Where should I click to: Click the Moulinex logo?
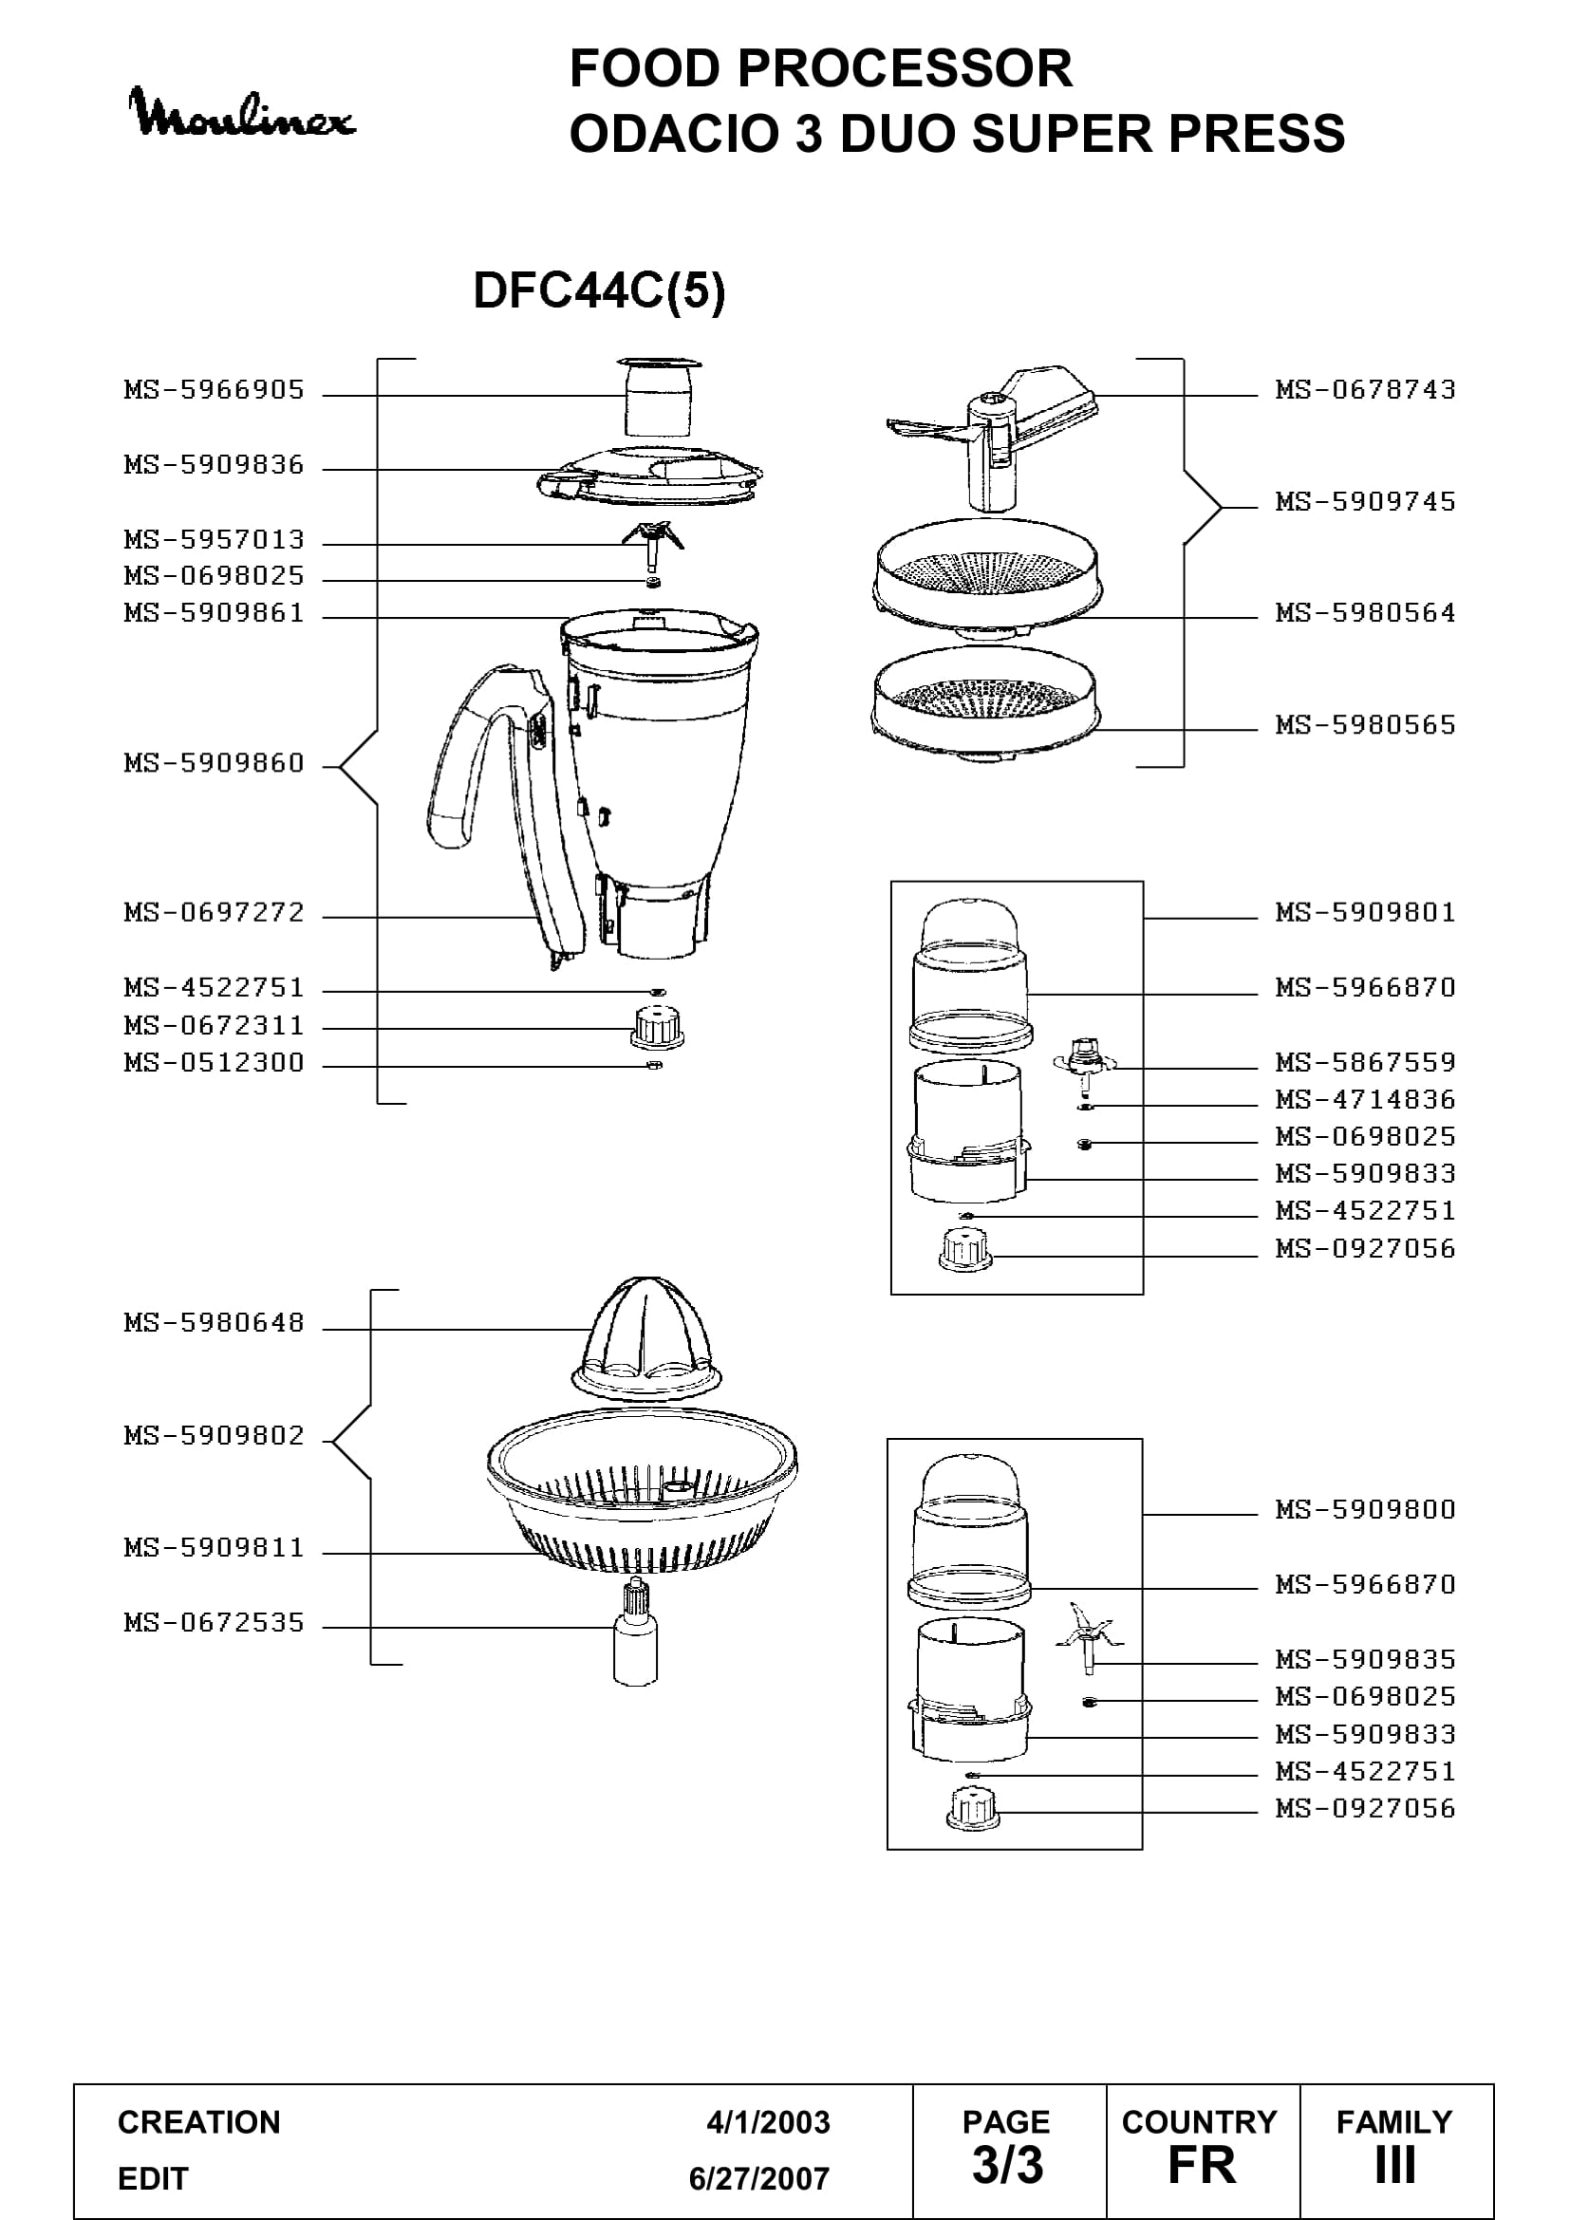(242, 113)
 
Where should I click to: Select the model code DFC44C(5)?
(598, 290)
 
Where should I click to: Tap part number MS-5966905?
(214, 390)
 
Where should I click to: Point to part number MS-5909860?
(214, 763)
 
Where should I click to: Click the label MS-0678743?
(1365, 390)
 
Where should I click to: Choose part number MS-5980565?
(1365, 724)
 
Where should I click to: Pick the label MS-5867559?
(1365, 1062)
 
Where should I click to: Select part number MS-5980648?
(214, 1322)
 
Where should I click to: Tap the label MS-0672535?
(214, 1621)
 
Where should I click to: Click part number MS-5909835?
(1365, 1659)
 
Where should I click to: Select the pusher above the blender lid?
(659, 397)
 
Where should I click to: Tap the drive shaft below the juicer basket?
(636, 1632)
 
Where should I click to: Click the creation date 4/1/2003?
(768, 2122)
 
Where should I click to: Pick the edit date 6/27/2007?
(759, 2178)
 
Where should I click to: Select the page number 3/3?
(1007, 2165)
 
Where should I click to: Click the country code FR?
(1202, 2165)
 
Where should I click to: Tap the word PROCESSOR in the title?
(906, 68)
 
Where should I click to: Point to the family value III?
(1395, 2165)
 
